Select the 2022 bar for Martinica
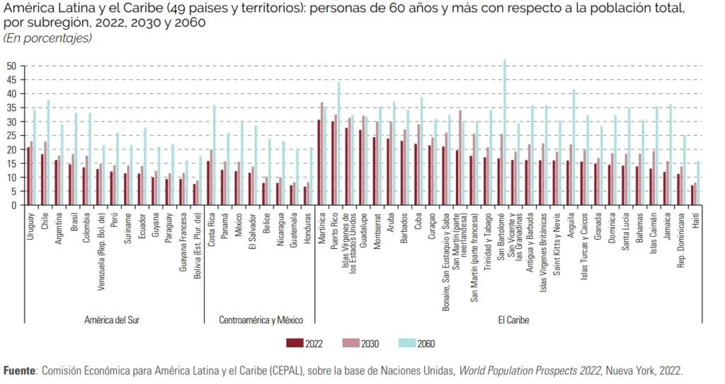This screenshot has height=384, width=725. (319, 163)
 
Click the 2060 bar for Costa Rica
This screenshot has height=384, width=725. (214, 156)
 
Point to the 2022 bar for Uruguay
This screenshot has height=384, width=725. (28, 176)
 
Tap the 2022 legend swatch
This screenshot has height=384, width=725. (294, 344)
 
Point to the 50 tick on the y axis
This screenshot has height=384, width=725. (11, 66)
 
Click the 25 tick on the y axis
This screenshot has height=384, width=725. (11, 136)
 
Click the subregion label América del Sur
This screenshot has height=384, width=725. (112, 320)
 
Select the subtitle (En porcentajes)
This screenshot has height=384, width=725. (48, 37)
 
